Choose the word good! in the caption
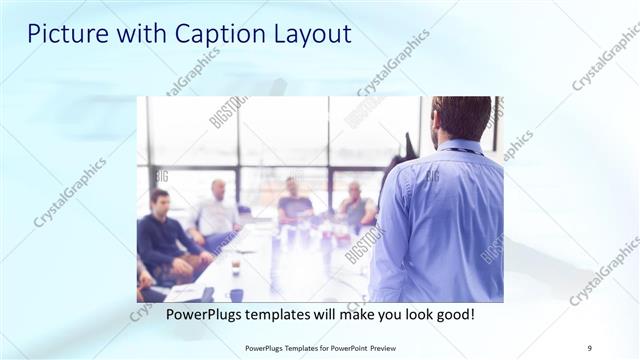pos(451,314)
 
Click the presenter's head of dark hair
pos(461,116)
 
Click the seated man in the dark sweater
pos(166,240)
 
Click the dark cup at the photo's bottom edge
pos(236,294)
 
